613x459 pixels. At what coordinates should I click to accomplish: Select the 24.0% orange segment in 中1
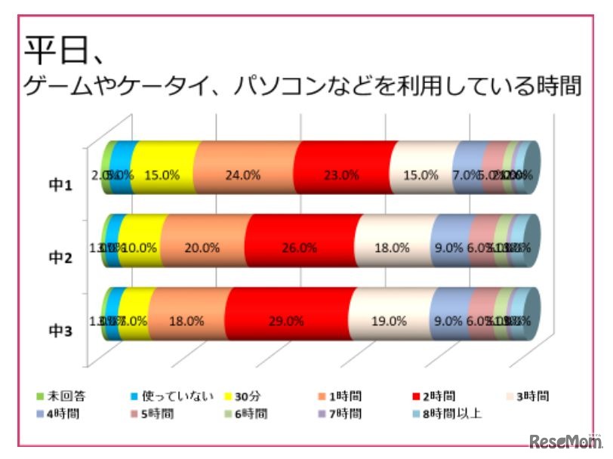242,174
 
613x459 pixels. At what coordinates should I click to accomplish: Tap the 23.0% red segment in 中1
341,174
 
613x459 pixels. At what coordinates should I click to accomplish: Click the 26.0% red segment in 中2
301,247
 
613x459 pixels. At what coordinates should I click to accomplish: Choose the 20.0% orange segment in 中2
202,247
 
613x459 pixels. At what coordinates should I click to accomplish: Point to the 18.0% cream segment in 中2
394,247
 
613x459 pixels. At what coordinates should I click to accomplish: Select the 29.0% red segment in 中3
288,320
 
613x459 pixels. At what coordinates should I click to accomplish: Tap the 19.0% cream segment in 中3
390,320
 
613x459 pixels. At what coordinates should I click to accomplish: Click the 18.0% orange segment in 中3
187,320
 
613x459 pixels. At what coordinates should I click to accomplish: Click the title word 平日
57,51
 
